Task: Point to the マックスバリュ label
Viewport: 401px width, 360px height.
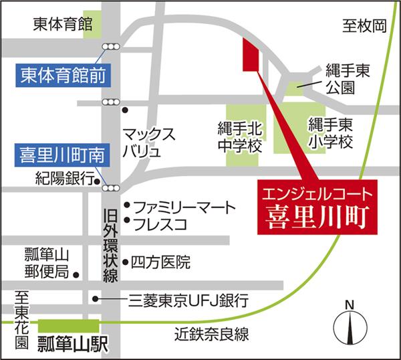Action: [150, 142]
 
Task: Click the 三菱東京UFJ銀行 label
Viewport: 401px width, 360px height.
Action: [188, 298]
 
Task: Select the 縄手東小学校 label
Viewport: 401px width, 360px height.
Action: [329, 133]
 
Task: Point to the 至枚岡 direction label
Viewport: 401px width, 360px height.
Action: [365, 26]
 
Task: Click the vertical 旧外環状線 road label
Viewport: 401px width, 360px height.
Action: [110, 247]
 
